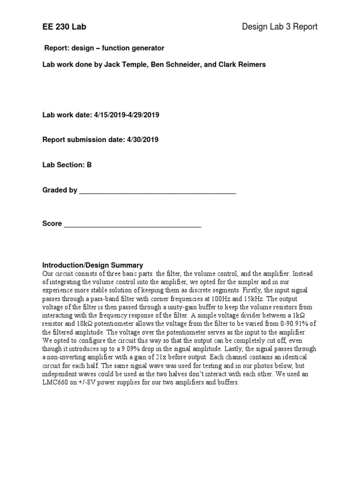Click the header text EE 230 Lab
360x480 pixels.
(64, 27)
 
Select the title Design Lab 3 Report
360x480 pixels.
(279, 27)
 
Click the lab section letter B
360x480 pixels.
(89, 165)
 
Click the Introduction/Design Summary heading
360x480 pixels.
(93, 265)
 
